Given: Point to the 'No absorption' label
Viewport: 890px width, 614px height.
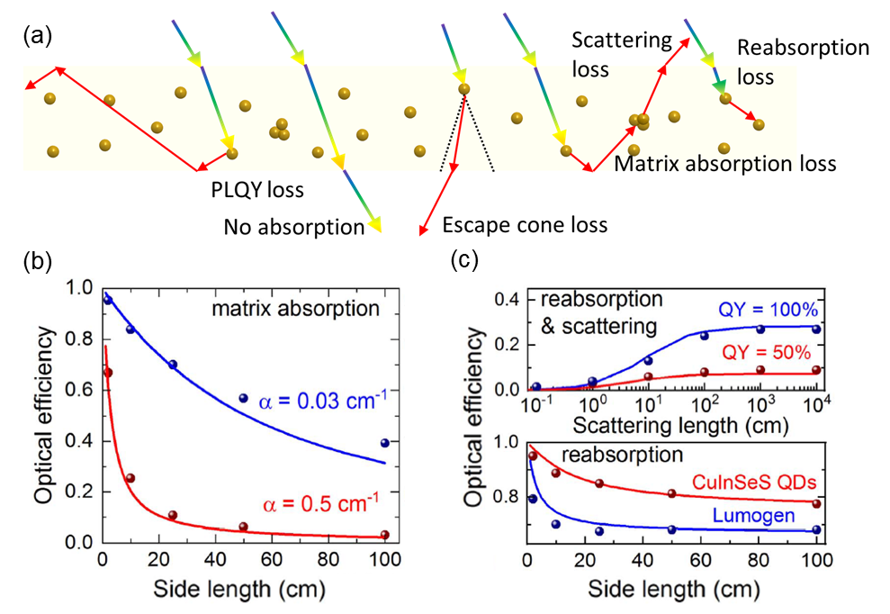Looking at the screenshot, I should click(293, 227).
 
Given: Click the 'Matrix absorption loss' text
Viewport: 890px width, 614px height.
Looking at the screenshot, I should click(725, 165).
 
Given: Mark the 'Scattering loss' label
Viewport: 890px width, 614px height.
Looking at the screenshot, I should click(622, 54).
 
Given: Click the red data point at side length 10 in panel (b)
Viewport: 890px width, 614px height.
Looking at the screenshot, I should click(130, 478).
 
